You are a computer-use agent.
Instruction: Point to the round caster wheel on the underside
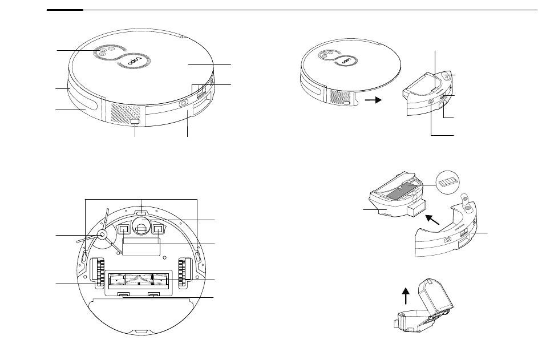point(140,226)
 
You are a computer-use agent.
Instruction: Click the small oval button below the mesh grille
point(135,123)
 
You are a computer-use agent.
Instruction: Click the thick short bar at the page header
point(64,10)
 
